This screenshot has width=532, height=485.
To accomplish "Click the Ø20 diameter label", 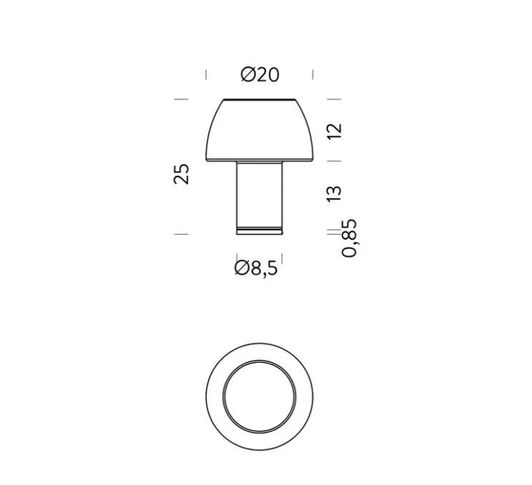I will [260, 74].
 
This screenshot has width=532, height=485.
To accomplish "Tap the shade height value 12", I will [335, 131].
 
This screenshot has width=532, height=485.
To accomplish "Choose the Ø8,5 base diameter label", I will [255, 269].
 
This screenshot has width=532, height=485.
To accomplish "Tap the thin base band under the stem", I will [260, 230].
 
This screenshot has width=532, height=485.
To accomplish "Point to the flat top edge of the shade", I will [260, 99].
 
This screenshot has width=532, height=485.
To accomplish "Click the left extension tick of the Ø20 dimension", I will [206, 74].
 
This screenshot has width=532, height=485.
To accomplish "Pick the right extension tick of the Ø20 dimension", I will [313, 74].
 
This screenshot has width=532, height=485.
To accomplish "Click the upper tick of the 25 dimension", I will [181, 99].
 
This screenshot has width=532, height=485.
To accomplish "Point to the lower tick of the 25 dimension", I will [181, 233].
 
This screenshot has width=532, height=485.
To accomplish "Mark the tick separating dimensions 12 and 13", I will [334, 162].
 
